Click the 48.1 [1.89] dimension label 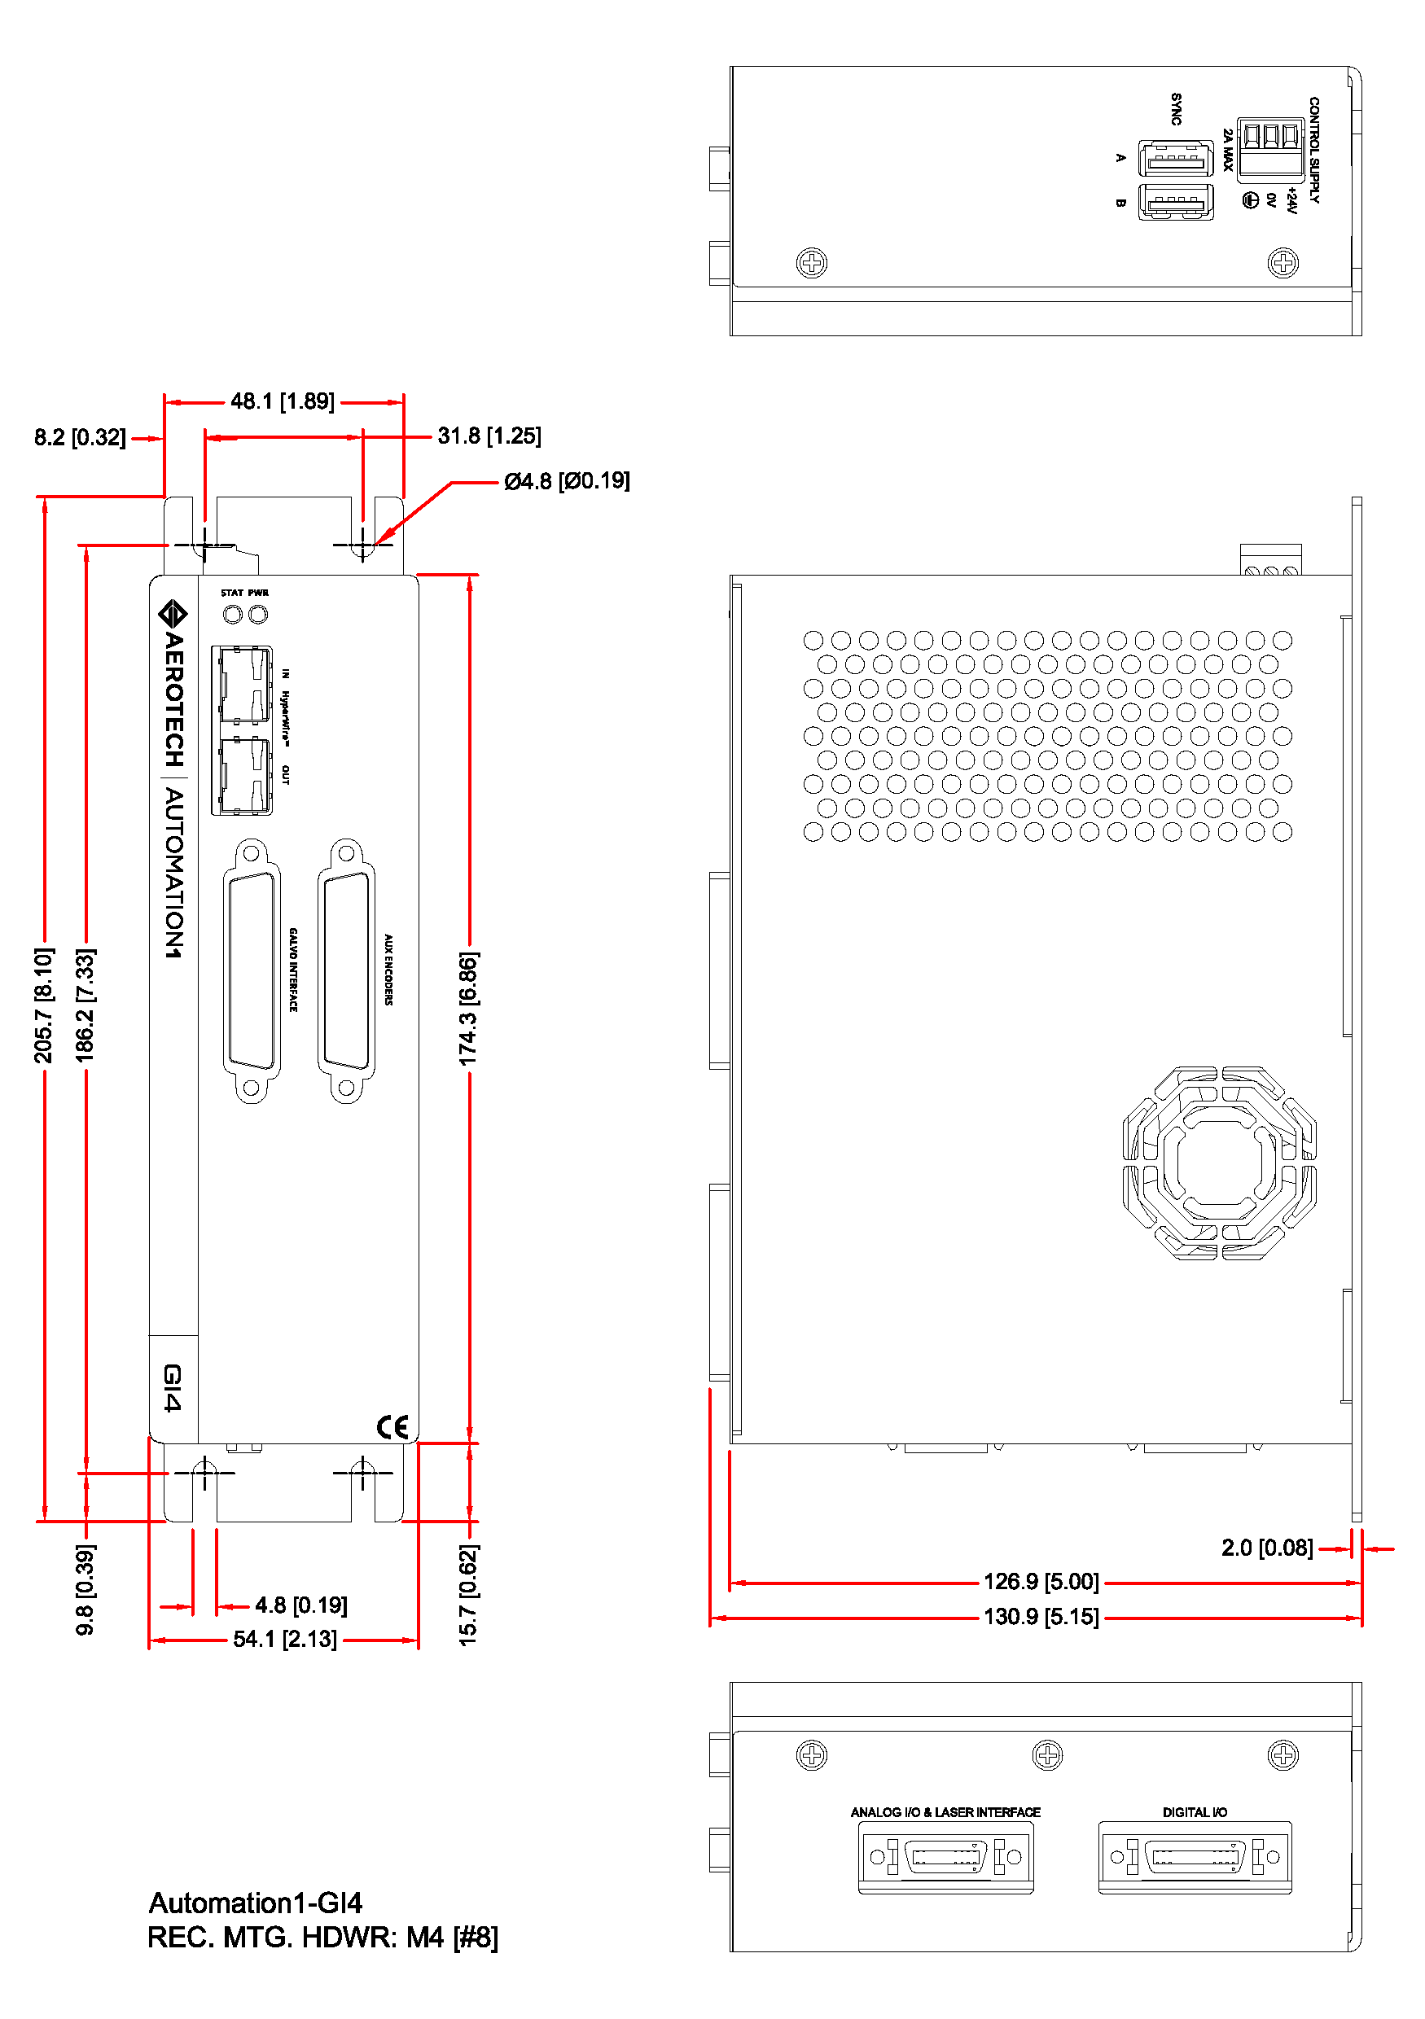coord(283,402)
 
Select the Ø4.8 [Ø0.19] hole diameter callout coord(567,481)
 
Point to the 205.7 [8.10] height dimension coord(43,1005)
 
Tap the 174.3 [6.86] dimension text coord(468,1009)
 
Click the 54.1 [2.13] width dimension coord(284,1639)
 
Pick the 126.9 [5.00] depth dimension coord(1041,1582)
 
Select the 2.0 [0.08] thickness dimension coord(1267,1548)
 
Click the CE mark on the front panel coord(393,1426)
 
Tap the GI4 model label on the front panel coord(173,1387)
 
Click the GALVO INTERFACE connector coord(252,970)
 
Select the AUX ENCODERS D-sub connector coord(347,970)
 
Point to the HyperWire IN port coord(242,685)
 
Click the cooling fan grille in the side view coord(1219,1163)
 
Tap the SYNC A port coord(1175,158)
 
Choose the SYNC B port coord(1175,202)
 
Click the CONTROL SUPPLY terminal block coord(1270,150)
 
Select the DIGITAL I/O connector coord(1195,1856)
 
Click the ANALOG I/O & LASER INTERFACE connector coord(945,1856)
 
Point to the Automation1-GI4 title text coord(255,1903)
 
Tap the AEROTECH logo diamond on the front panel coord(173,614)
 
